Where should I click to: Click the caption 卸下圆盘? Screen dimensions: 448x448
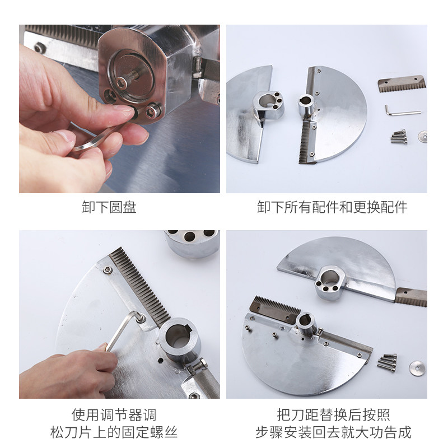(x=109, y=207)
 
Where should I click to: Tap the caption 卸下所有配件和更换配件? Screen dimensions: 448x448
(x=332, y=207)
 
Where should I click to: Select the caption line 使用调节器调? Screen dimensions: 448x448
(x=114, y=415)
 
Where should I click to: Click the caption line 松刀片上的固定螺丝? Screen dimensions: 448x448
(x=114, y=432)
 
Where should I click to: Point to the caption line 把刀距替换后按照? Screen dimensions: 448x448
(x=333, y=415)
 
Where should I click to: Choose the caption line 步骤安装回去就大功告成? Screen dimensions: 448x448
(x=333, y=432)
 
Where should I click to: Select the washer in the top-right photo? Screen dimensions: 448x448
(x=422, y=136)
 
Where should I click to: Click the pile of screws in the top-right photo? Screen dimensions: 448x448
(x=399, y=137)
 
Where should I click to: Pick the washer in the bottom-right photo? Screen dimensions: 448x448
(x=417, y=368)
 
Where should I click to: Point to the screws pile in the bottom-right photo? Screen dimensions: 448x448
(x=388, y=362)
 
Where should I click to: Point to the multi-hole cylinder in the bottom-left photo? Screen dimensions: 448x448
(x=192, y=243)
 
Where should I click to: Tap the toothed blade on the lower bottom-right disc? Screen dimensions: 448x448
(x=274, y=310)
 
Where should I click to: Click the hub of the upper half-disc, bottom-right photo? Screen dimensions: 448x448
(x=330, y=283)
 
